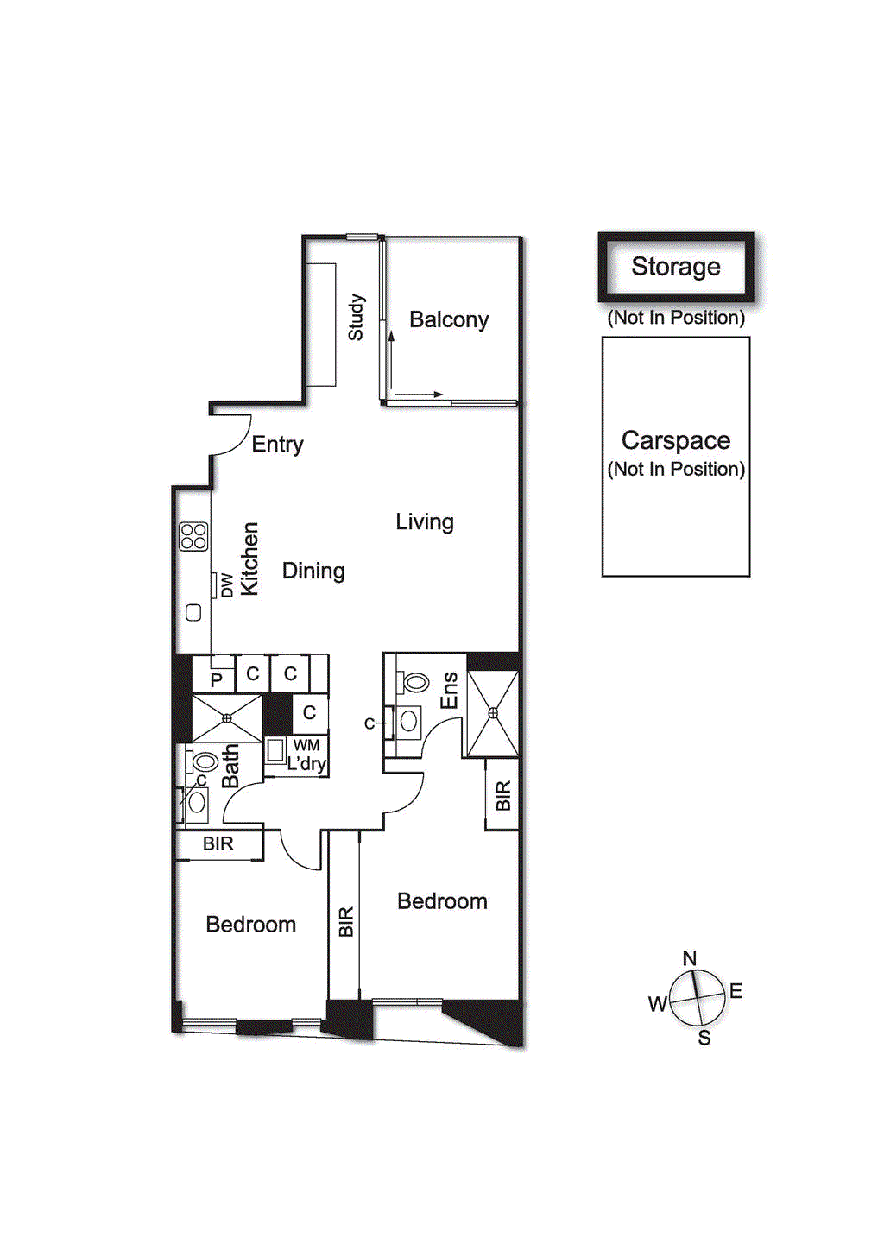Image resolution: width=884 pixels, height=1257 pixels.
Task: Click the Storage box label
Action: coord(675,267)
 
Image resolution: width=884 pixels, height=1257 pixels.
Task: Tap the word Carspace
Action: coord(676,440)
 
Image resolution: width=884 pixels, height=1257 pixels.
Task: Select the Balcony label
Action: coord(449,320)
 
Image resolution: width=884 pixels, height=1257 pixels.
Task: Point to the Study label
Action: coord(356,317)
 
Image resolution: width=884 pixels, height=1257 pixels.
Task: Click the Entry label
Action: coord(277,445)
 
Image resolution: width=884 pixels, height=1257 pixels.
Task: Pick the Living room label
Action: coord(424,521)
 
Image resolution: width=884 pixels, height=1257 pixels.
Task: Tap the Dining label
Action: coord(313,571)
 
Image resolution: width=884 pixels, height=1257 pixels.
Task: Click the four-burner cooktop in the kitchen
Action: coord(193,536)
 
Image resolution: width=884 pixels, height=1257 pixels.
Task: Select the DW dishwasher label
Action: coord(226,585)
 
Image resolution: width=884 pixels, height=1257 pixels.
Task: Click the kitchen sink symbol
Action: coord(193,613)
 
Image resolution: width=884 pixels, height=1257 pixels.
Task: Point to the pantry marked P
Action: coord(216,679)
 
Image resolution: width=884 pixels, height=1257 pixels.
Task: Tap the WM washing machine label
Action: coord(306,745)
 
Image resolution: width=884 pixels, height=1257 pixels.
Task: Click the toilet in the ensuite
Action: coord(415,683)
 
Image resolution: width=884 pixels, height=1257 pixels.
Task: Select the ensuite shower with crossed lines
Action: coord(493,713)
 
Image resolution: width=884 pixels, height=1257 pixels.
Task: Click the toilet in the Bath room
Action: coord(204,761)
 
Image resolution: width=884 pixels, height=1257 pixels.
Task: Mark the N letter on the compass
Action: coord(689,958)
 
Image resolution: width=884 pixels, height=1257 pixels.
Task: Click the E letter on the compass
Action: coord(736,991)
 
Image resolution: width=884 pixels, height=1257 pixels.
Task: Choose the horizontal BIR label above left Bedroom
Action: coord(218,843)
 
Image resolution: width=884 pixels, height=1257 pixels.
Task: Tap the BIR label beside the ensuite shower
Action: coord(503,795)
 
